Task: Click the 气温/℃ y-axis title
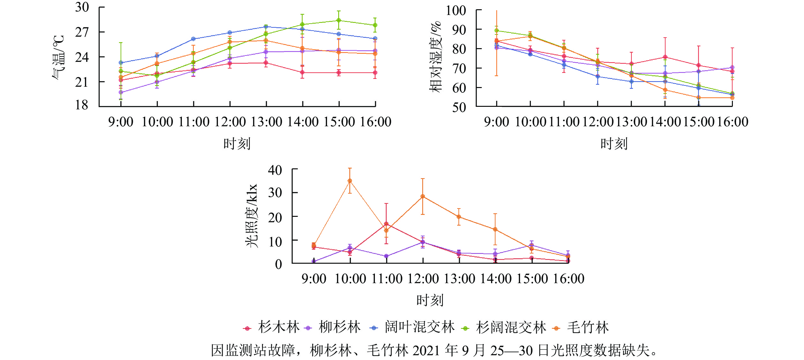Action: (x=58, y=57)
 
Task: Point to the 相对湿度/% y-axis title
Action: (x=435, y=57)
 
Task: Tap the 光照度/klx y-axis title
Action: (x=251, y=216)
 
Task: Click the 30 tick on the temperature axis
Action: (x=82, y=7)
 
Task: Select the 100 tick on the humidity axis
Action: (x=456, y=11)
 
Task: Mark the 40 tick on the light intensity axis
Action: (x=275, y=170)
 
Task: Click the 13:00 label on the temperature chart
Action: (x=266, y=122)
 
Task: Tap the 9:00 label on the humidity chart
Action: (x=496, y=122)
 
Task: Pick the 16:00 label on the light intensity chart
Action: (x=569, y=279)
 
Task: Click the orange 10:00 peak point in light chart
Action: (x=350, y=181)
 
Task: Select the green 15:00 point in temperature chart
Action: (x=339, y=20)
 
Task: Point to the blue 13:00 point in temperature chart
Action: (x=266, y=26)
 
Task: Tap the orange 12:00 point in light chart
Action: (x=423, y=196)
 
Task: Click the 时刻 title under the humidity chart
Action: (x=614, y=144)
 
